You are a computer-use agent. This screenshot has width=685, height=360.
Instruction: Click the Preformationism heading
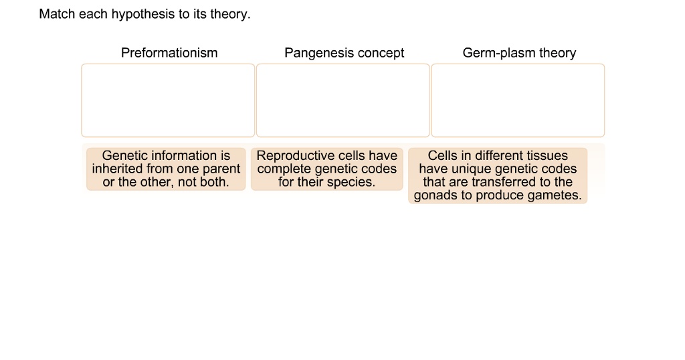tap(169, 53)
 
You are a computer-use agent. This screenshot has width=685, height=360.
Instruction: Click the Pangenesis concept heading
tap(344, 53)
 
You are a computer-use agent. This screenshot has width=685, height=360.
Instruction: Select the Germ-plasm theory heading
tap(519, 53)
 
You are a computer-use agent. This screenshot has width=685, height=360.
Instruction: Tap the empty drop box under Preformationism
tap(168, 100)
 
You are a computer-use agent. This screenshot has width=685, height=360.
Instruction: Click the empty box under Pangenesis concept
tap(342, 100)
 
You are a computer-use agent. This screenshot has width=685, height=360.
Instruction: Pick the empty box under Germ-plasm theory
tap(518, 100)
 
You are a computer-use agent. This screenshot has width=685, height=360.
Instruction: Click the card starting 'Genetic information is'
tap(166, 169)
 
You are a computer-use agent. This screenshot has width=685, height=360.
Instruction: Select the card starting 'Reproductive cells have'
tap(327, 169)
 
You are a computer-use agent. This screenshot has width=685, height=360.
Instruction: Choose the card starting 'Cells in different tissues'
tap(498, 175)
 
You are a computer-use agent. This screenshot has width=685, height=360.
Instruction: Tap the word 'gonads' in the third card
tap(435, 195)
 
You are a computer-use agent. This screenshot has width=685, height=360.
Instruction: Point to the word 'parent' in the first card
tap(221, 169)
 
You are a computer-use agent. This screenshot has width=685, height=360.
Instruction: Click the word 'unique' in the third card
tap(471, 169)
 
